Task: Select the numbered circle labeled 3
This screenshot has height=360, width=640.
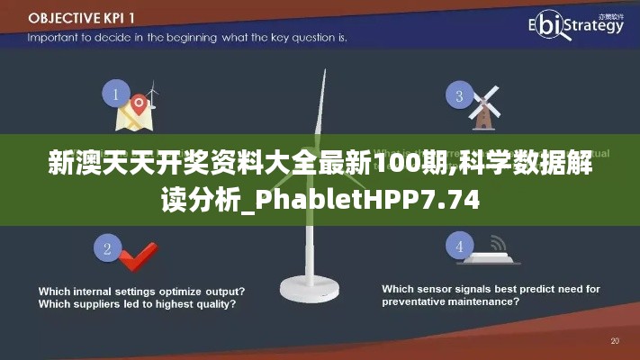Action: (459, 96)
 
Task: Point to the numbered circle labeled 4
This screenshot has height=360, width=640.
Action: (460, 247)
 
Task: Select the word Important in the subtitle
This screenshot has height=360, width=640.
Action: (53, 38)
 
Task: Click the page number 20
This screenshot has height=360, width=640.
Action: (615, 341)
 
